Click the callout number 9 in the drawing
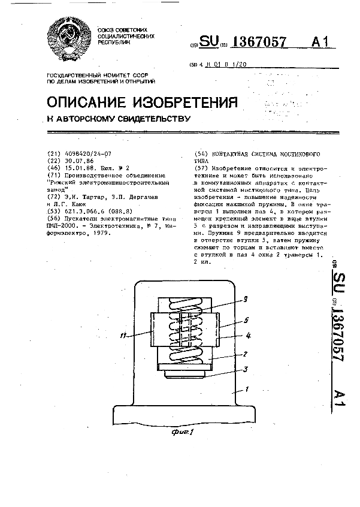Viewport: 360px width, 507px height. pyautogui.click(x=246, y=298)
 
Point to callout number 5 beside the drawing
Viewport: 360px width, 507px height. pyautogui.click(x=246, y=321)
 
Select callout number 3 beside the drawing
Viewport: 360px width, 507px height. pyautogui.click(x=246, y=370)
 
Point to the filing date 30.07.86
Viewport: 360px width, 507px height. pyautogui.click(x=78, y=161)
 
